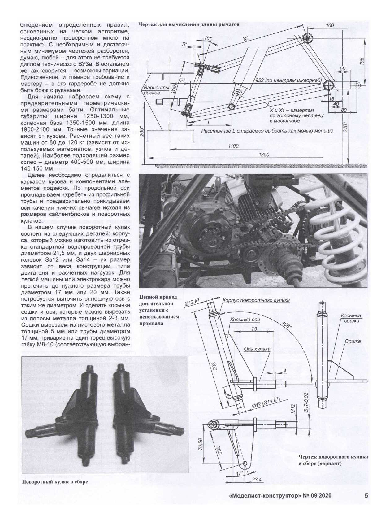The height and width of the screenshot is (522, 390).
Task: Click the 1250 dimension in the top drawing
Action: click(x=264, y=154)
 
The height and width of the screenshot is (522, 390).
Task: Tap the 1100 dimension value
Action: click(x=233, y=146)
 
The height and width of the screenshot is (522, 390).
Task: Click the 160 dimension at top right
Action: click(x=330, y=25)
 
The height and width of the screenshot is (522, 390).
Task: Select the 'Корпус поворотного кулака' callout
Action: click(x=256, y=300)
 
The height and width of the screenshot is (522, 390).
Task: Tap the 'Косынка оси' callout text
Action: click(x=245, y=320)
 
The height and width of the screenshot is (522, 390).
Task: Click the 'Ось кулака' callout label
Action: click(x=257, y=349)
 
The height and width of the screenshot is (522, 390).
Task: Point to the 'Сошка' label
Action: click(x=353, y=341)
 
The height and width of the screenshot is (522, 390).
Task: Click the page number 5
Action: click(x=366, y=496)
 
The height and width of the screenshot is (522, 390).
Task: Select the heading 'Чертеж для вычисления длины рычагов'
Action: click(x=189, y=24)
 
